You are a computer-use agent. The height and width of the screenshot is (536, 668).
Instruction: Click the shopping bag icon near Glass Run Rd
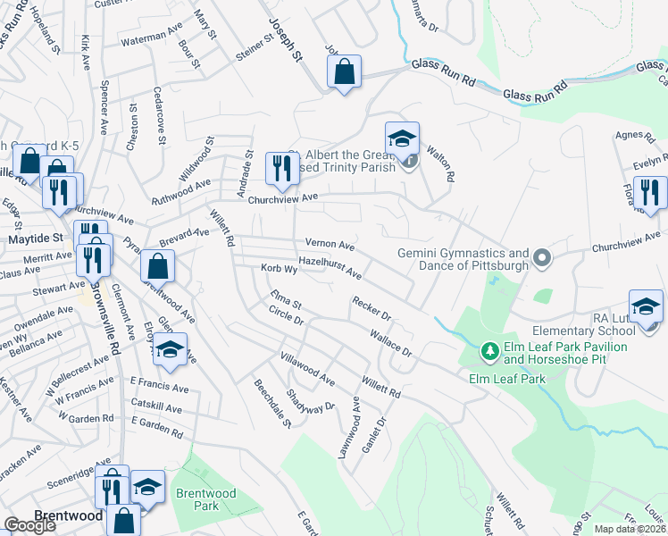[344, 71]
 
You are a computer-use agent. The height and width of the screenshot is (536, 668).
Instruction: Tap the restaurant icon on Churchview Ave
[280, 168]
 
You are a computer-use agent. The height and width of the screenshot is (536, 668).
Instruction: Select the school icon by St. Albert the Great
[402, 139]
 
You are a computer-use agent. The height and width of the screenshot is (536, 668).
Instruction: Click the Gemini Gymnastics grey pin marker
[541, 260]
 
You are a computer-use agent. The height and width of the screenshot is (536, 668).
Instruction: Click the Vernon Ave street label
[330, 244]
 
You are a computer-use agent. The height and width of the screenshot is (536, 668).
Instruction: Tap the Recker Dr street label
[372, 309]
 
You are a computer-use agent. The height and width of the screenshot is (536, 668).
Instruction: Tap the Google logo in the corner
[29, 525]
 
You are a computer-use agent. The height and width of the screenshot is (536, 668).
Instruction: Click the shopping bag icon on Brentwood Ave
[157, 265]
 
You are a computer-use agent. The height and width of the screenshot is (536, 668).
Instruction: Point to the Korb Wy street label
[278, 268]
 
